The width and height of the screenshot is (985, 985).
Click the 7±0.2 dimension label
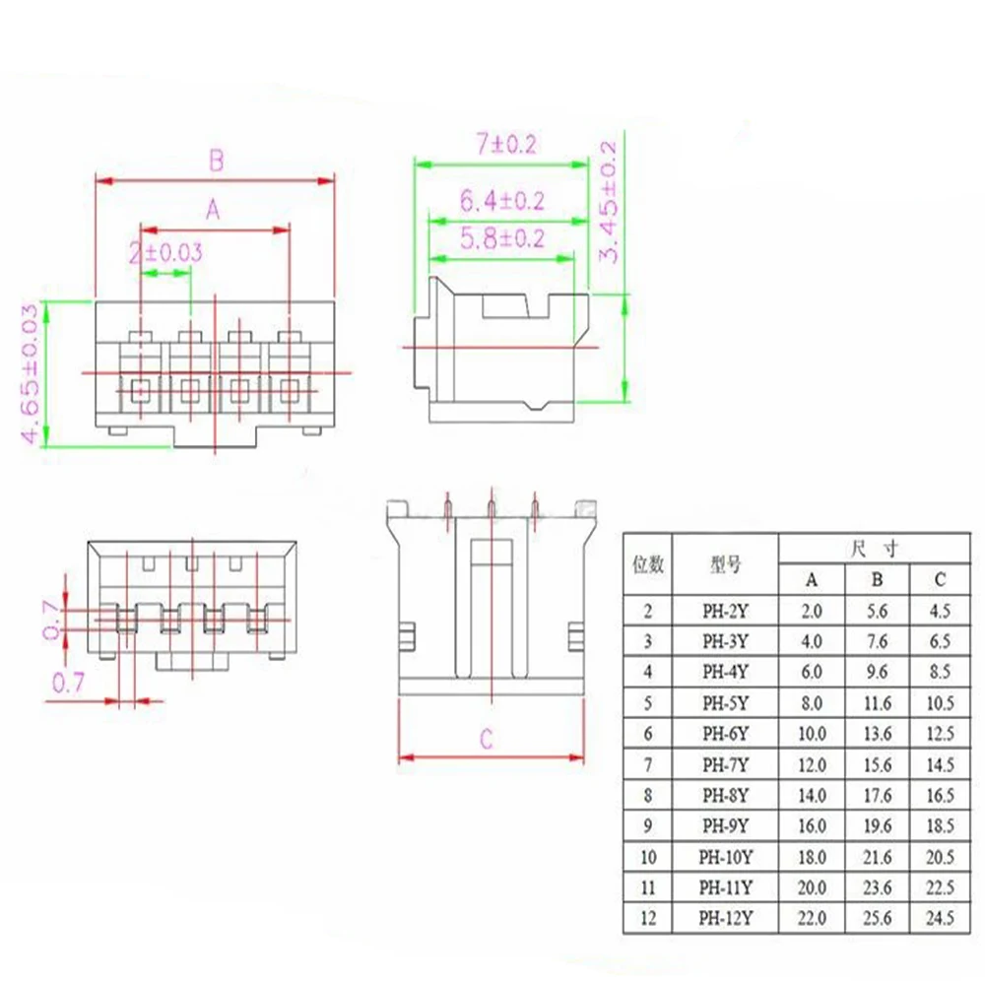click(x=506, y=144)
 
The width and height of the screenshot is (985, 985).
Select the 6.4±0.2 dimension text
click(x=502, y=200)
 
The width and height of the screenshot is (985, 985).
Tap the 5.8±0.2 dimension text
click(x=502, y=238)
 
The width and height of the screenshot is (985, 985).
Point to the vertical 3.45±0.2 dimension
click(x=609, y=201)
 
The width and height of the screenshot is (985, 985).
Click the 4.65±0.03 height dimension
click(x=31, y=373)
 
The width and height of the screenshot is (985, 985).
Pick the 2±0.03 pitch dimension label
click(x=165, y=252)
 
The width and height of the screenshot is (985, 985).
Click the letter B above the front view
click(x=216, y=161)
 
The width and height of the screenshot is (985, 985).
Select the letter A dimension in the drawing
click(x=213, y=209)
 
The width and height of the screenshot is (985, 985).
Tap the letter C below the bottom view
click(x=487, y=739)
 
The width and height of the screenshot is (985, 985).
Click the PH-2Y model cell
click(x=726, y=611)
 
